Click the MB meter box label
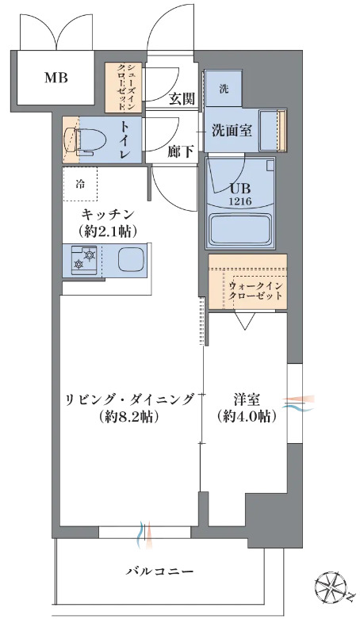tap(56, 78)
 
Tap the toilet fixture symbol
tap(82, 139)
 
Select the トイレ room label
tap(124, 139)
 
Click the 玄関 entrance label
tap(182, 98)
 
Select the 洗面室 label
tap(232, 130)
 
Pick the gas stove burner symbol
tap(84, 258)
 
